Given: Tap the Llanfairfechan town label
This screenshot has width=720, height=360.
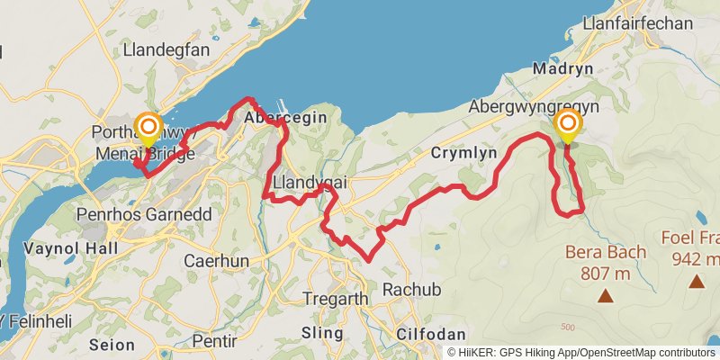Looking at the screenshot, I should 639,25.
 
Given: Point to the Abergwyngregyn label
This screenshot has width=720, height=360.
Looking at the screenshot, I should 535,107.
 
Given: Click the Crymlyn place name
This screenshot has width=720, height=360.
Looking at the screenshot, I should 463,153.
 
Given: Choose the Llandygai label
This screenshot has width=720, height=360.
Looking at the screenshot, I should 309,183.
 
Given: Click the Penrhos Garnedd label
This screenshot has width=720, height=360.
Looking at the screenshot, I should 133,215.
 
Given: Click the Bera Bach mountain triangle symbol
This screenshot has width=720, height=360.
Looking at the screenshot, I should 606,294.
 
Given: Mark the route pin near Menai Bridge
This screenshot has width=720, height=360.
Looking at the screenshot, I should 147,129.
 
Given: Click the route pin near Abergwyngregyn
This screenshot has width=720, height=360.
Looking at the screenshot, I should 568,127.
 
